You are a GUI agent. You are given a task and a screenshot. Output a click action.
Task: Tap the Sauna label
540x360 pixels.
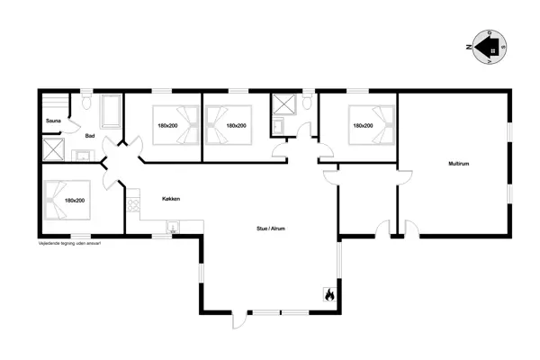[53, 120]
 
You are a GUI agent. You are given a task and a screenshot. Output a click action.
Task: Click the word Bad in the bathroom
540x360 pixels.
[90, 136]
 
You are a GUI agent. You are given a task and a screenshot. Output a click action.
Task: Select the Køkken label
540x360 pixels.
[172, 198]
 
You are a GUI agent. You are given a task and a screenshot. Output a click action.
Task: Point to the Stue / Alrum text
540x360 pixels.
[271, 229]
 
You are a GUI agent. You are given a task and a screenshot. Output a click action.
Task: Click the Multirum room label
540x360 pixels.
[460, 163]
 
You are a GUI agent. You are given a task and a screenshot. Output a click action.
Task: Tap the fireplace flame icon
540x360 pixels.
[328, 293]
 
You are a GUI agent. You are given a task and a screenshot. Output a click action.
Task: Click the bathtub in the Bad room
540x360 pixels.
[111, 111]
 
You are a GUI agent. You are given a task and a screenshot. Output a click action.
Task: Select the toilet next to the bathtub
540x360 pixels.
[85, 104]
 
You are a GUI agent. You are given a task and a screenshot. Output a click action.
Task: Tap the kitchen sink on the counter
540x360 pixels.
[173, 226]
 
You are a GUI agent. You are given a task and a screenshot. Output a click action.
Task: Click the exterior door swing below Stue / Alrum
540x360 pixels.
[238, 321]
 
